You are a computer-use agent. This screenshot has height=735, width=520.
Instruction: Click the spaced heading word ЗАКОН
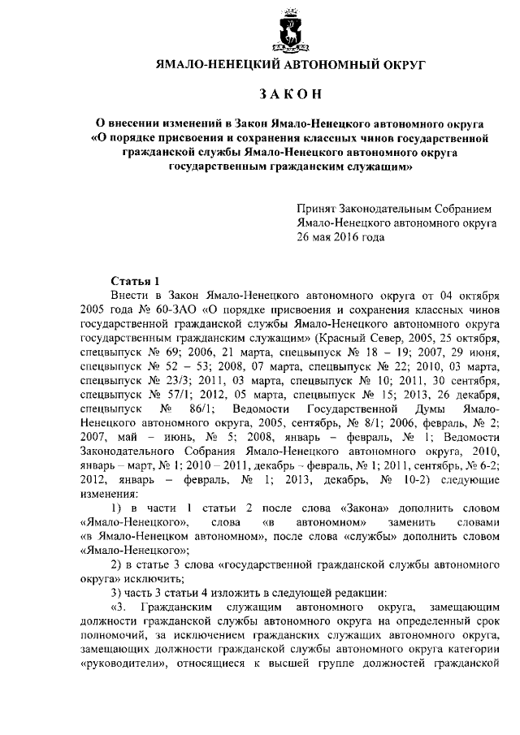pos(290,96)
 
